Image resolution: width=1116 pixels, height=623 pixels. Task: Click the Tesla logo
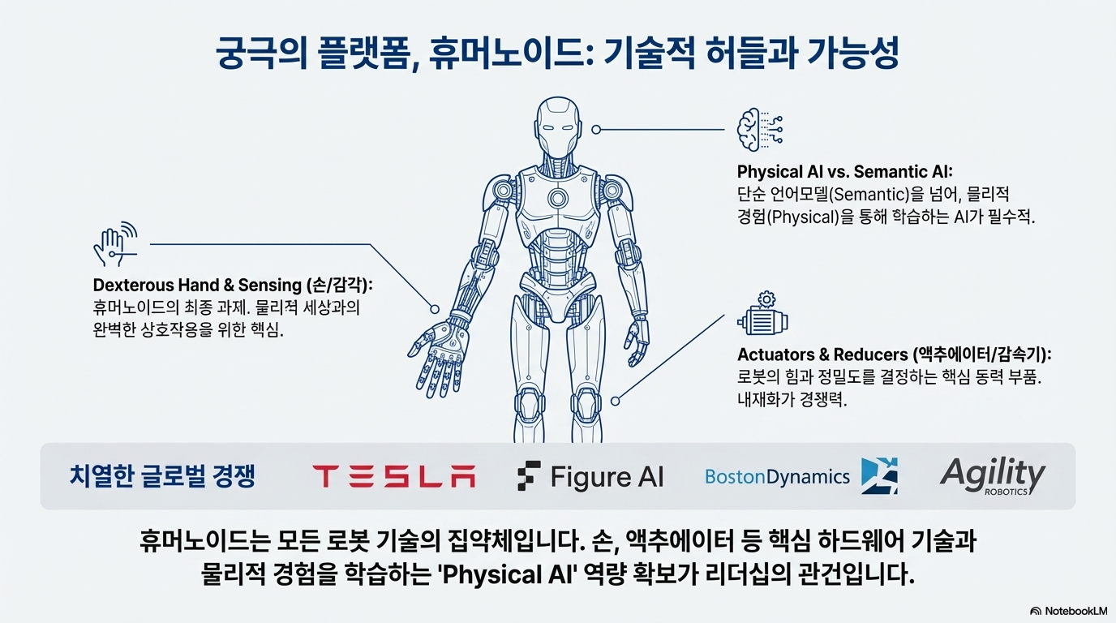tap(393, 476)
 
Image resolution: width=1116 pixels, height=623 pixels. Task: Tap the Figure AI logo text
tap(606, 476)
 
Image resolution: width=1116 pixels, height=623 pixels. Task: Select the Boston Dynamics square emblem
tap(879, 476)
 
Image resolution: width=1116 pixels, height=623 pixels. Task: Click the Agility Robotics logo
tap(993, 475)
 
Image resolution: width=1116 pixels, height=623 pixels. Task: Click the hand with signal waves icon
tap(114, 243)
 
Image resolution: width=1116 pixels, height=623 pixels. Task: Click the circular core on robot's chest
tap(558, 198)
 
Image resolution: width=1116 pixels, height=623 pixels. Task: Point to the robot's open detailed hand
tap(439, 354)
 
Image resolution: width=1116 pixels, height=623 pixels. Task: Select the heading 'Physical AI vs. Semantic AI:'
tap(843, 172)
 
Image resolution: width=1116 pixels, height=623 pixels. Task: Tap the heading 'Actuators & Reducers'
tap(823, 355)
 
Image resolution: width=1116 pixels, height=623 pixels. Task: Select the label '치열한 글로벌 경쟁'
tap(163, 476)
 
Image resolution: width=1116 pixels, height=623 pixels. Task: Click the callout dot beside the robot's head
tap(596, 129)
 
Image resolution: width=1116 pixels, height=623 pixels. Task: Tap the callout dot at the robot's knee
tap(616, 400)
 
